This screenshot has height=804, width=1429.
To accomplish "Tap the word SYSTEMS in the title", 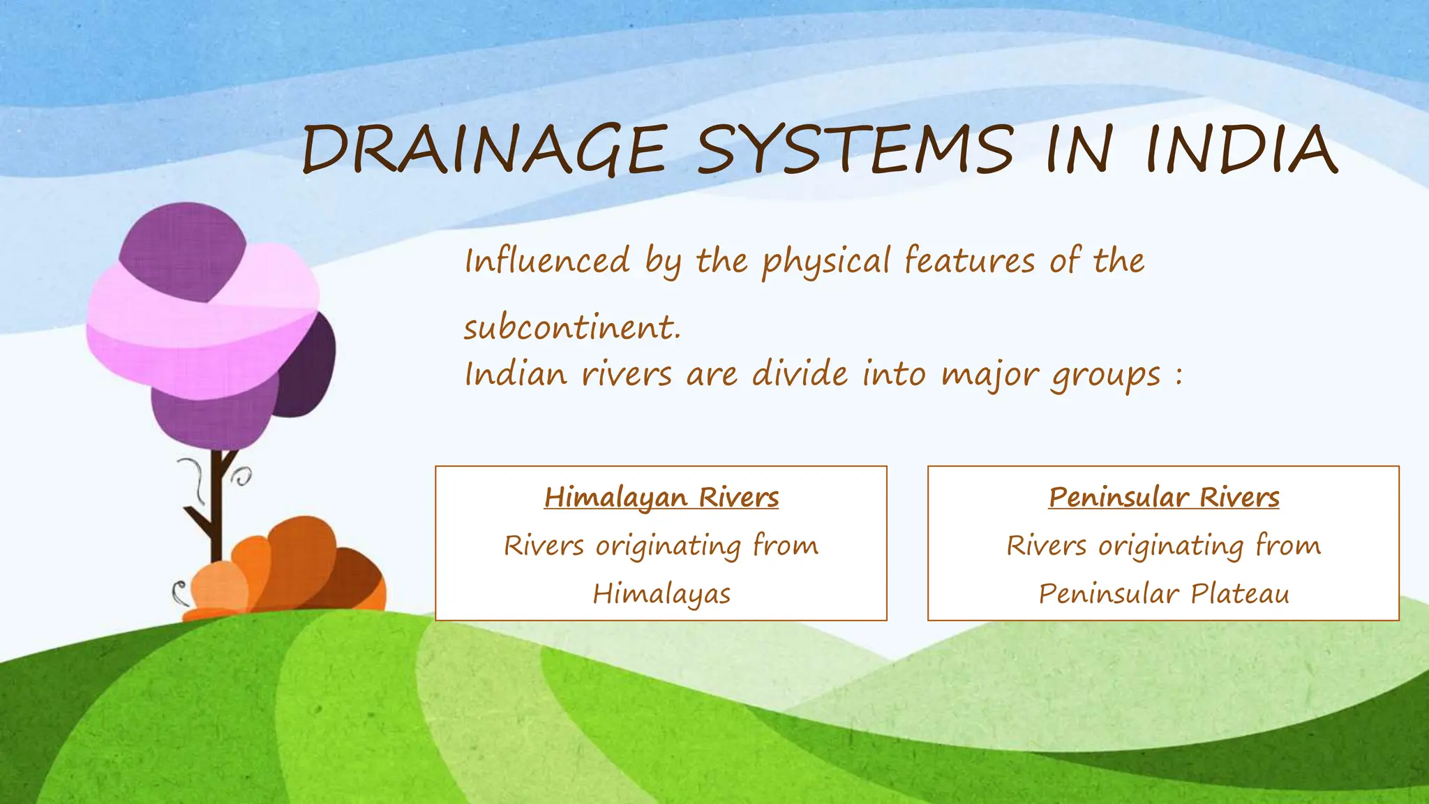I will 855,150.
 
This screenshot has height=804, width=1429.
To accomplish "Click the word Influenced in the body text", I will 548,261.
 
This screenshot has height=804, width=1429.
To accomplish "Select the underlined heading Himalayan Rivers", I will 661,498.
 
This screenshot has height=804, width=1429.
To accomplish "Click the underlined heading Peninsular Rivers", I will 1164,498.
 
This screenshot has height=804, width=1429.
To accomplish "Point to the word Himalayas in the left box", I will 661,595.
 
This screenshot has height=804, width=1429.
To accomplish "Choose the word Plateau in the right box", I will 1240,595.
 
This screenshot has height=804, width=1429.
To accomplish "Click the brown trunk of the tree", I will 216,516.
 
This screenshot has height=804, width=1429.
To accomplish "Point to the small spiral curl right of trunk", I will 242,478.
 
